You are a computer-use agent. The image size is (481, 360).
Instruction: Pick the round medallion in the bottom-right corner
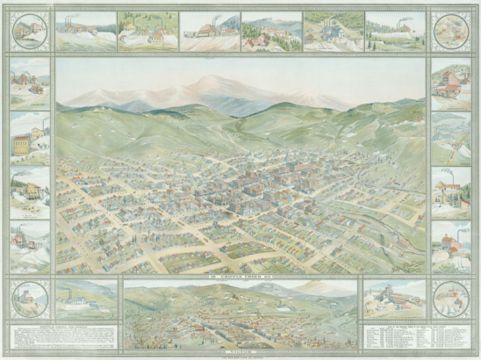coord(450,299)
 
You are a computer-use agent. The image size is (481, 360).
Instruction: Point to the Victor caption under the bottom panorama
coord(240,349)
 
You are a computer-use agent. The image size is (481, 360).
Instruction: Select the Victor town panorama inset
coord(240,313)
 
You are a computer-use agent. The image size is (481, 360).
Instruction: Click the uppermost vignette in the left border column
coord(31,84)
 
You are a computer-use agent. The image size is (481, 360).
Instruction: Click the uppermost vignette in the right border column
coord(450,84)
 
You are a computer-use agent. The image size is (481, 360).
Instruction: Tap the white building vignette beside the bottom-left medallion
coord(86,299)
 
